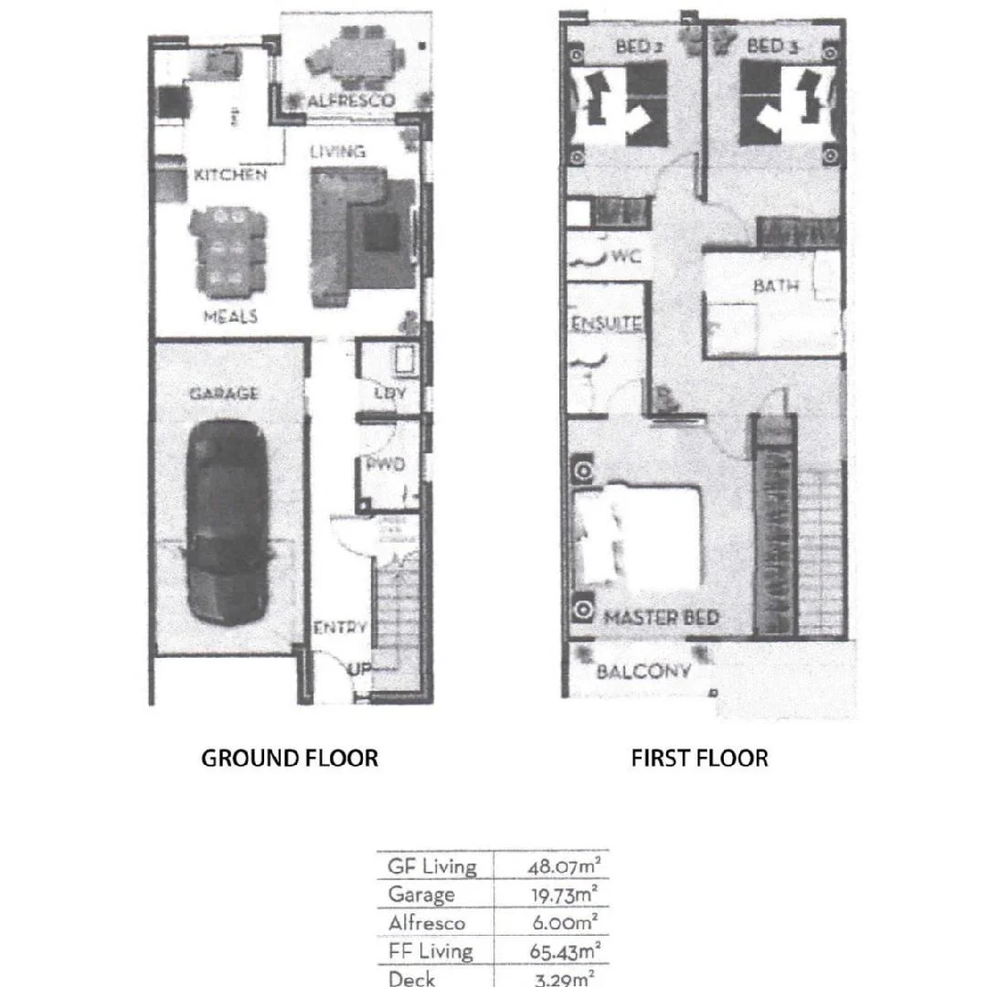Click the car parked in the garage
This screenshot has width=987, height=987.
[x=227, y=521]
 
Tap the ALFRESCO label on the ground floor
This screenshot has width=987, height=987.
[x=351, y=101]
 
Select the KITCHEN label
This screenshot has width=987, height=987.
[x=230, y=175]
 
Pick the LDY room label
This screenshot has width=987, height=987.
[x=390, y=393]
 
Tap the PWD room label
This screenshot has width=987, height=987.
[x=386, y=464]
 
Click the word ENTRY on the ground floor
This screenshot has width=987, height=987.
[x=340, y=628]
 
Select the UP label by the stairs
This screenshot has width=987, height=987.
[x=358, y=669]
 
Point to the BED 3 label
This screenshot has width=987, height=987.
[x=772, y=46]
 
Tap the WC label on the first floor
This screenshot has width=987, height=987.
[x=627, y=257]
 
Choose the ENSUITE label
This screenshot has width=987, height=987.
[x=607, y=324]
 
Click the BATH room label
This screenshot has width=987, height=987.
[x=776, y=286]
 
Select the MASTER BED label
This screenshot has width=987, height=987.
[x=662, y=618]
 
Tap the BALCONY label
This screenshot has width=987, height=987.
[x=643, y=672]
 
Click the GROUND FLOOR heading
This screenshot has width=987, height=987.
[x=289, y=758]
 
